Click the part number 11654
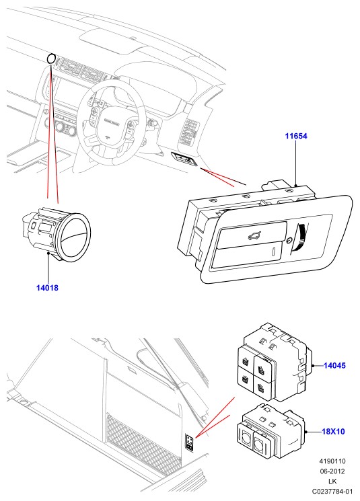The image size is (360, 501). coord(296,136)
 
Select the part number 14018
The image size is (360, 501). coord(47,288)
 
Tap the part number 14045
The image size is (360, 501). coord(334,366)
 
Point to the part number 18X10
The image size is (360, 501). coord(333,432)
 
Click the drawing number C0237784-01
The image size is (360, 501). coord(332,491)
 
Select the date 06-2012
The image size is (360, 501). coord(332,471)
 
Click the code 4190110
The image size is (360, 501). coord(332,461)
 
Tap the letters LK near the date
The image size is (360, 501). coord(332,481)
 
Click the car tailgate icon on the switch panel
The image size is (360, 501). coord(254,236)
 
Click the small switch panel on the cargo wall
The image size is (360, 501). coord(190,442)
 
